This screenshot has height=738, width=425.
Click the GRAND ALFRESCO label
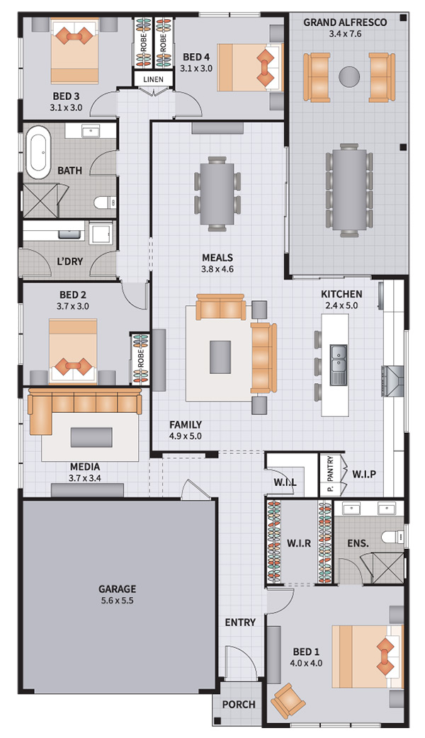coord(345,22)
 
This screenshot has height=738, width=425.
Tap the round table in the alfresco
coord(349,76)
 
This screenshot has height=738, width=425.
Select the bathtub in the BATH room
coord(38,152)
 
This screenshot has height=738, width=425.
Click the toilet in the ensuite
coord(392,536)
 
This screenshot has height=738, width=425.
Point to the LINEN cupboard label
coord(154,79)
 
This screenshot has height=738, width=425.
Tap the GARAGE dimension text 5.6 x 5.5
coord(117,600)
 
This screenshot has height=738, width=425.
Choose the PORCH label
coord(239,705)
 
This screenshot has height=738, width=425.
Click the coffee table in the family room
coord(220,357)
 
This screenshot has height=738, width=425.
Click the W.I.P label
coord(364,474)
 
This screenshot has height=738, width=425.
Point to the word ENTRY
coord(240,623)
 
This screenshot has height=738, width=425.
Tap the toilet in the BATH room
coord(105,203)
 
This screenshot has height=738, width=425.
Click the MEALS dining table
coord(217,193)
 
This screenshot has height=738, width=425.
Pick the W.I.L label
coord(285,482)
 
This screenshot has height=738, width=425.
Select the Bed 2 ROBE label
coord(140,358)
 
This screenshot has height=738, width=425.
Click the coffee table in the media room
coord(91,437)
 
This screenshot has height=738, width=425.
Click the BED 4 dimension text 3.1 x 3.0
coord(195,68)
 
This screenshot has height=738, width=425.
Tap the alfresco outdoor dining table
coord(349,190)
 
